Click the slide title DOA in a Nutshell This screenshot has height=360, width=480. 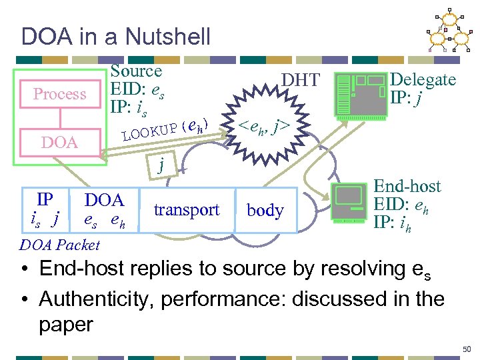[x=115, y=36]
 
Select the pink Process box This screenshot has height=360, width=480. [x=60, y=94]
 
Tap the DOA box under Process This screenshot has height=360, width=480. [x=60, y=142]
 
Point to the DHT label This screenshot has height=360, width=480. [x=301, y=81]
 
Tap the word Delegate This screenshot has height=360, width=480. [x=423, y=80]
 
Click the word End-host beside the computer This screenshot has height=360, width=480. [x=406, y=188]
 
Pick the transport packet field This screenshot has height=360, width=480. [x=187, y=210]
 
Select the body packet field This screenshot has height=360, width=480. [x=265, y=211]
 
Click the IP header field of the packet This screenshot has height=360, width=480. [x=45, y=208]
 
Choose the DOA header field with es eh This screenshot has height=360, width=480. [x=105, y=209]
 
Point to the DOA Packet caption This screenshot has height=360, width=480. [x=60, y=245]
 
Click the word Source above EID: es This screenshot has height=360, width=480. [x=136, y=71]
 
